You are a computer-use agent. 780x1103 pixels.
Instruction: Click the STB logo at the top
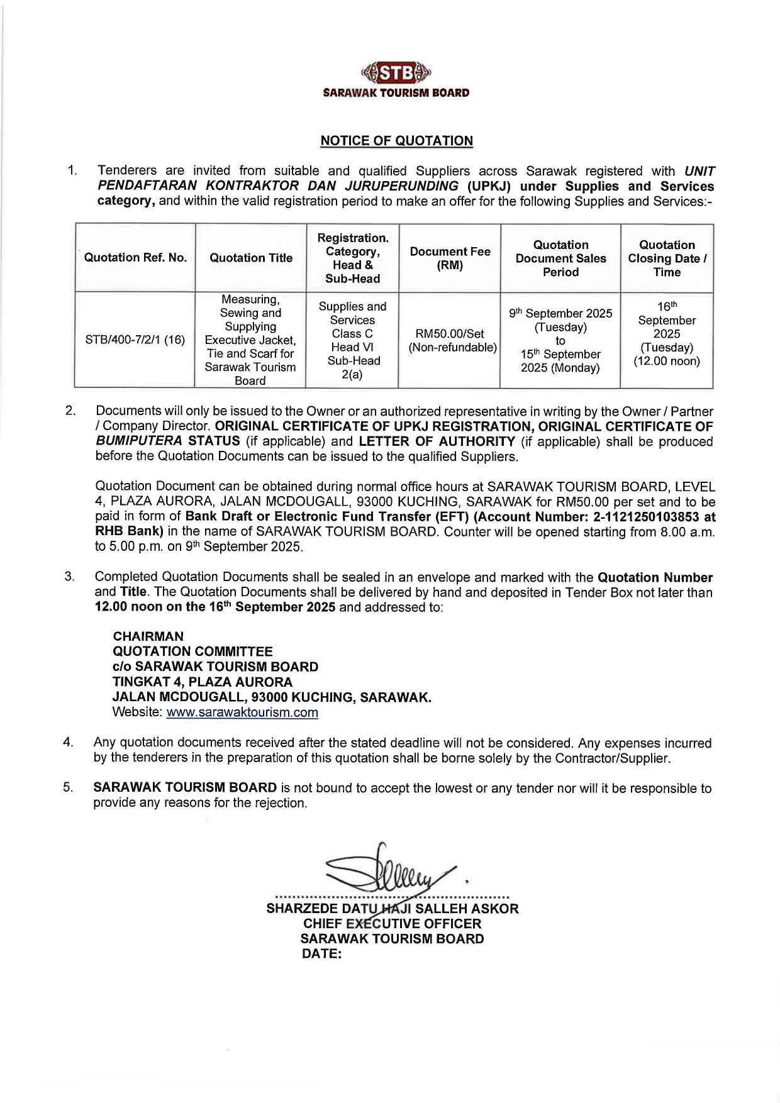click(x=396, y=74)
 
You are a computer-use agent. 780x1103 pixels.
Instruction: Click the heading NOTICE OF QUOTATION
click(x=396, y=141)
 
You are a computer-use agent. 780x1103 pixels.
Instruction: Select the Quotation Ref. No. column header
click(x=135, y=258)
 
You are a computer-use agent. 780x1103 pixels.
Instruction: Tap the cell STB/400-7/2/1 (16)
click(x=135, y=340)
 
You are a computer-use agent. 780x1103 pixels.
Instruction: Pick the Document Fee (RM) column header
click(x=450, y=258)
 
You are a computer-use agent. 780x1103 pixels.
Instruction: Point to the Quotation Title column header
click(x=251, y=258)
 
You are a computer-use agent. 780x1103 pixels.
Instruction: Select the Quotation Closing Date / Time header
click(x=667, y=258)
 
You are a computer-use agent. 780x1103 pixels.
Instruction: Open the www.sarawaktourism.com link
click(x=242, y=712)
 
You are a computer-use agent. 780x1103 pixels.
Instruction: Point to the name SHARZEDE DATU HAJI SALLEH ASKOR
click(x=393, y=909)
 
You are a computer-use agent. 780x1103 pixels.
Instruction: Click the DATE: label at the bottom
click(x=321, y=954)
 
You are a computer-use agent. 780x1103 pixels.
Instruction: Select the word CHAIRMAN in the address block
click(x=148, y=636)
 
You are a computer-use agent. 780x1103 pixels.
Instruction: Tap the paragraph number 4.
click(x=68, y=743)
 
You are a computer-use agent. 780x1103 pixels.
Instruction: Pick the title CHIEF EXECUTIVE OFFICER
click(x=393, y=924)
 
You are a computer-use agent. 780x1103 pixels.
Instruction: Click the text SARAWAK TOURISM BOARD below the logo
click(x=396, y=93)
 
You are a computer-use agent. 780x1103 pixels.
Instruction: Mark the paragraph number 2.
click(x=70, y=411)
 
